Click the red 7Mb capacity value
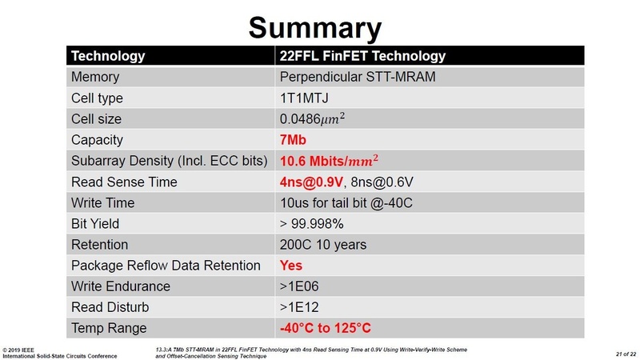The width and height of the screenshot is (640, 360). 294,140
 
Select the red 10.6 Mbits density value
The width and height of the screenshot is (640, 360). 337,161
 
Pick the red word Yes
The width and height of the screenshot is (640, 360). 291,266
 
